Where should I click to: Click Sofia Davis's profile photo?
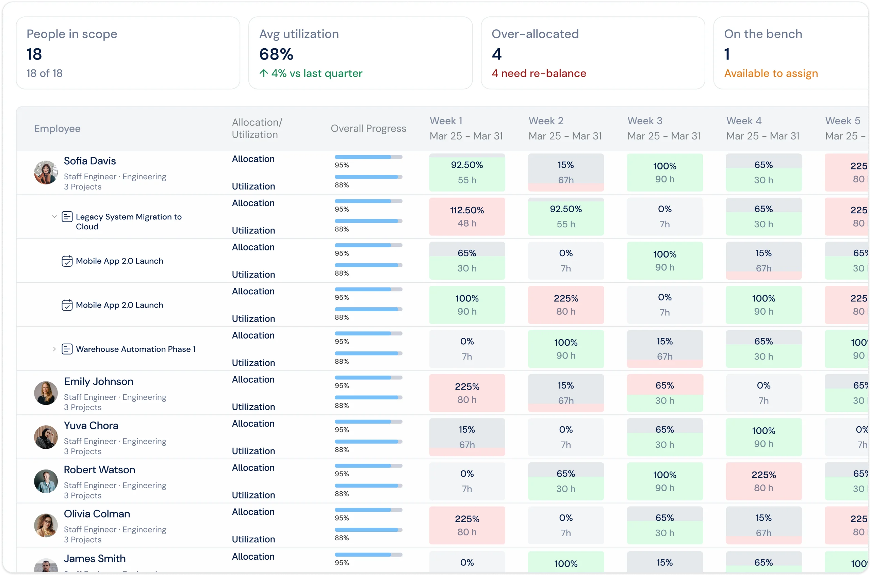point(46,172)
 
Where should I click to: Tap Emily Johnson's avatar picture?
point(46,393)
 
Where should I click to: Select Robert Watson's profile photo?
point(46,481)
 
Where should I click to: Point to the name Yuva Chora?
point(91,425)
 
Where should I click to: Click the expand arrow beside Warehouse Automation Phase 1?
point(54,349)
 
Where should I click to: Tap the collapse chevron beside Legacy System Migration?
point(54,216)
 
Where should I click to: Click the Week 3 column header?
point(664,128)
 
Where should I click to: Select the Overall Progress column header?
point(368,128)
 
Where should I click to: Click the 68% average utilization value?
point(276,54)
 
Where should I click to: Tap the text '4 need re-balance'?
point(539,73)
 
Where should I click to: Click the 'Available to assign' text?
point(771,73)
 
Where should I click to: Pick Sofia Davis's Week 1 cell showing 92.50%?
point(467,172)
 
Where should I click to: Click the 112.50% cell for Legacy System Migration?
point(467,216)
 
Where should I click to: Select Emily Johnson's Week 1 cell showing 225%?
point(467,393)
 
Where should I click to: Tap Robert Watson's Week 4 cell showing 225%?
point(764,481)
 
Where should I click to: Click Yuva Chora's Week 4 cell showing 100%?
point(764,437)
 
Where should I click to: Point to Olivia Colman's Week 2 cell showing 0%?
point(566,525)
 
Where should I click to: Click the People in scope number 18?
point(34,54)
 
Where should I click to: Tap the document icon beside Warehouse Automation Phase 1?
point(67,349)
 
